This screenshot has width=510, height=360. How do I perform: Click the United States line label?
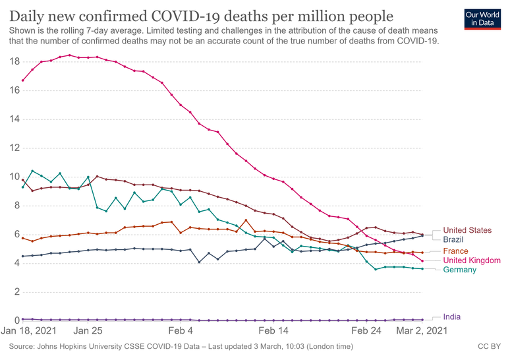tap(467, 230)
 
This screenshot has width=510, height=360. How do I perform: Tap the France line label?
tap(455, 251)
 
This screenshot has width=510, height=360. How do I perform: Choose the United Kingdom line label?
tap(471, 260)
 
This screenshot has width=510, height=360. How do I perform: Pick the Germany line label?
tap(459, 270)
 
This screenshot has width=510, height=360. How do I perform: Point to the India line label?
tap(451, 316)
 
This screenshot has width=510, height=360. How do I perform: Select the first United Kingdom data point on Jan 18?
tap(23, 80)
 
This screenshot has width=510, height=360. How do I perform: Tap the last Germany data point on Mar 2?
tap(422, 268)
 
